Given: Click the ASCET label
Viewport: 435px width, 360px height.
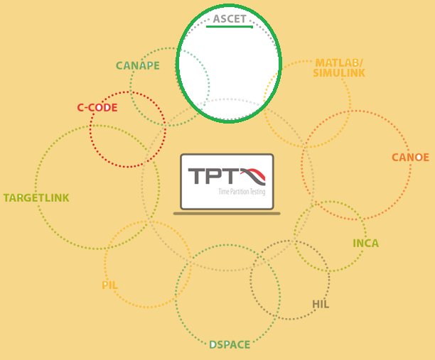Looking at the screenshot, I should tap(230, 18).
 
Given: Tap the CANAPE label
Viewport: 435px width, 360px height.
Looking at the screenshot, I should tap(138, 66).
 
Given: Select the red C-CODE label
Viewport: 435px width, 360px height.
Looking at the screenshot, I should tap(97, 108).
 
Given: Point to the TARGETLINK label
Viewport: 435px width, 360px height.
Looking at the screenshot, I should tap(36, 198).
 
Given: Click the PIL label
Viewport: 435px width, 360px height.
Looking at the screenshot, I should tap(109, 285).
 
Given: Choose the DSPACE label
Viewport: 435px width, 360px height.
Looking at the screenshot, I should tap(230, 345).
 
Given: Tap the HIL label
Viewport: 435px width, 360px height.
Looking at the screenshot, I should tap(321, 305).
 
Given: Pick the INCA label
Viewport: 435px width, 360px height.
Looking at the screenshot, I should tap(365, 244).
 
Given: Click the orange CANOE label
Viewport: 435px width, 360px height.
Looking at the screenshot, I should tap(410, 158).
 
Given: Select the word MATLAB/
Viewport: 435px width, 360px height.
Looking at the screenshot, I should tap(340, 62).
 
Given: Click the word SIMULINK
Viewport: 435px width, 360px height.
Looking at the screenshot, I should tap(339, 73).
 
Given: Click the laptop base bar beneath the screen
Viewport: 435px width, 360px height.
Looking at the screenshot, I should tap(227, 213).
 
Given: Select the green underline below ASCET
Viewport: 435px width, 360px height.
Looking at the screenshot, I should tap(230, 27).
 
